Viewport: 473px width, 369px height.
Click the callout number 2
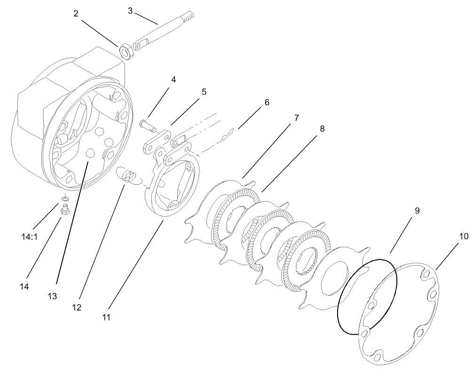coord(76,13)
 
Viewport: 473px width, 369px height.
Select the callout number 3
coord(130,10)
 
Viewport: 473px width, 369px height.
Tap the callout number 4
coord(173,79)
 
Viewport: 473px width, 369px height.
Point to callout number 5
coord(204,92)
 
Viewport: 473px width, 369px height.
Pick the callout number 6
coord(267,102)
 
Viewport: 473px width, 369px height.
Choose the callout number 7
coord(296,118)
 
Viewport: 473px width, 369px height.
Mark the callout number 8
coord(321,128)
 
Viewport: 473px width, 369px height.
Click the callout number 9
coord(417,211)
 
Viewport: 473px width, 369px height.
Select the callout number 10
coord(463,236)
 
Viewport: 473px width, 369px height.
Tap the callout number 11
coord(106,317)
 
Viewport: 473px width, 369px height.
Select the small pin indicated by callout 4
coord(147,125)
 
